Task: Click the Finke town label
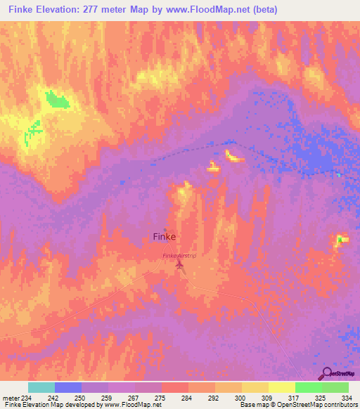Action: pos(164,238)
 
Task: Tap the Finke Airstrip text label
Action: pos(179,256)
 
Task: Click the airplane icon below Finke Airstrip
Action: pos(179,265)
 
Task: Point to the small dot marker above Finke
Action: pos(165,230)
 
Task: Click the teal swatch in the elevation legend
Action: pos(41,387)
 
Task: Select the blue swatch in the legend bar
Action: pos(67,387)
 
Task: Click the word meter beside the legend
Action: pos(10,398)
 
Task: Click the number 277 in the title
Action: pos(91,10)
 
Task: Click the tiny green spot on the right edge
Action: pos(341,240)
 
